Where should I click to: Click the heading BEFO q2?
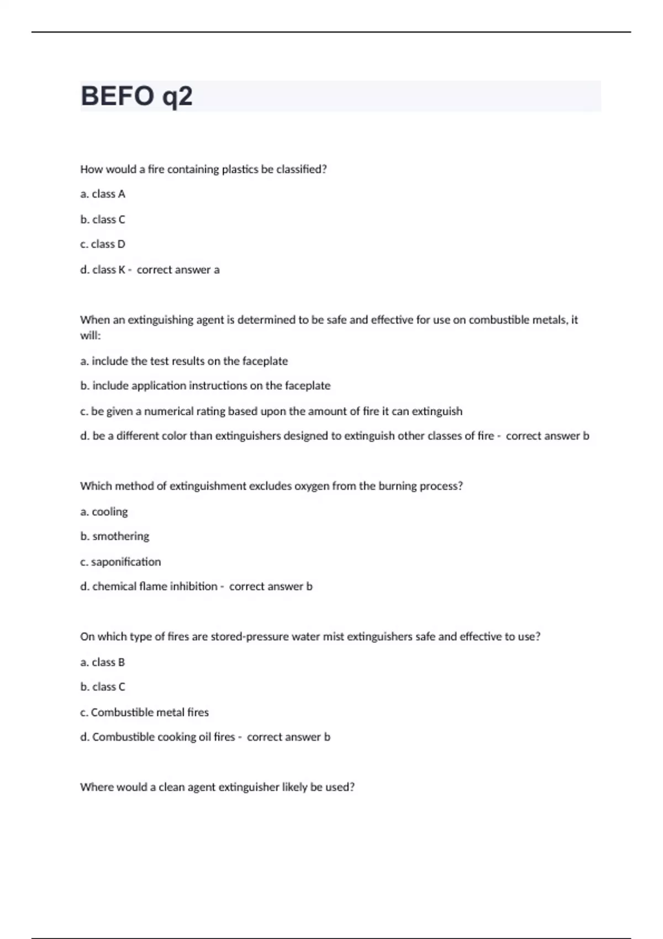136,96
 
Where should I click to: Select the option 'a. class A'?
103,194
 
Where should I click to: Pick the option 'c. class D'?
103,244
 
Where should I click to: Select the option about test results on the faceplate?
184,361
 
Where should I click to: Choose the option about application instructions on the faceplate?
206,386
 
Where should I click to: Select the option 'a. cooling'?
104,511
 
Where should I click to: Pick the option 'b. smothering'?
114,536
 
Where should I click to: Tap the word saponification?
126,562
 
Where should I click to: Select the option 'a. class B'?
103,662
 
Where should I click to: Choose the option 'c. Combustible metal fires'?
145,713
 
